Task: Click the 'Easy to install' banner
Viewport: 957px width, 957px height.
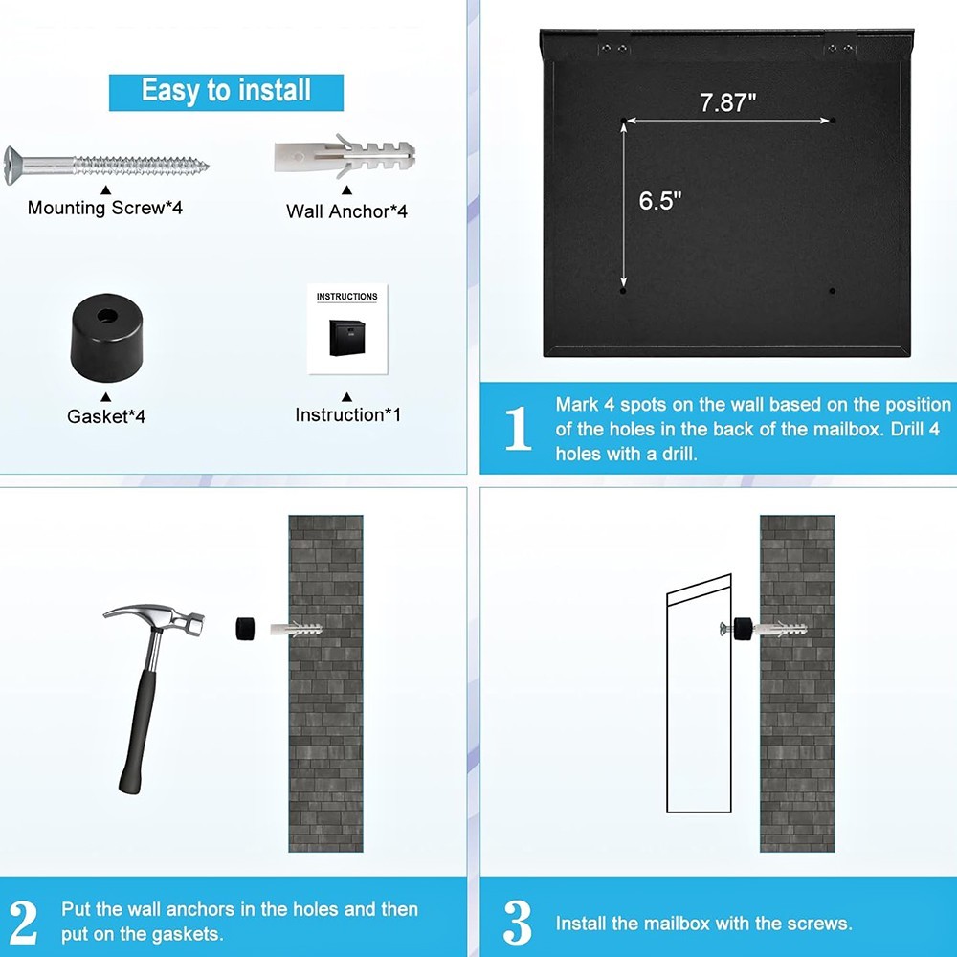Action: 226,91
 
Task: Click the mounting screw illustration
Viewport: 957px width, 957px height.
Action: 105,163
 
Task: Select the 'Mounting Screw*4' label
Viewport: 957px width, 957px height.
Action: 104,208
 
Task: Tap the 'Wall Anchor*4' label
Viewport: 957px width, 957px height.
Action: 346,211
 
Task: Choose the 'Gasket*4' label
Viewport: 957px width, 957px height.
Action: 106,416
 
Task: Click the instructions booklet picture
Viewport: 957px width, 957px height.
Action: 346,328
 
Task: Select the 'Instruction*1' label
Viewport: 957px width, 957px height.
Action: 347,414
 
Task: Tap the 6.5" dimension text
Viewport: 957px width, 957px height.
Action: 659,201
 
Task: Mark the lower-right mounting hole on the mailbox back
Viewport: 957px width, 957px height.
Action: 833,290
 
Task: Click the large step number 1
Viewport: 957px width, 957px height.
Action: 518,428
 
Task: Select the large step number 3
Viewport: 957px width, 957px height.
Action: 518,923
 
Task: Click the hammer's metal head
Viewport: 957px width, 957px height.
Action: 153,617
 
